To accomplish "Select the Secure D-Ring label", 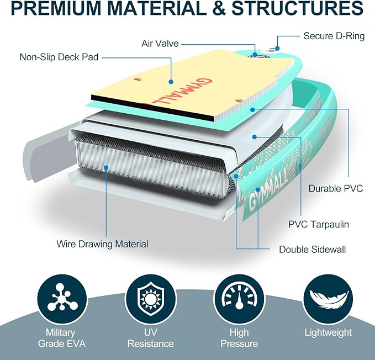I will [334, 36].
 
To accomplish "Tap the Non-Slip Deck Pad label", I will [59, 57].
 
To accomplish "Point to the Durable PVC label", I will [336, 188].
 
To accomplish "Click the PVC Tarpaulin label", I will [319, 225].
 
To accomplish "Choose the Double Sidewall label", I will [312, 250].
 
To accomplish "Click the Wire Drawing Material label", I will [102, 243].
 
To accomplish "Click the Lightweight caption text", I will [328, 332].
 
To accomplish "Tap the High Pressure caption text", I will [235, 338].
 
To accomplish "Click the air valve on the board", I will [255, 54].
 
